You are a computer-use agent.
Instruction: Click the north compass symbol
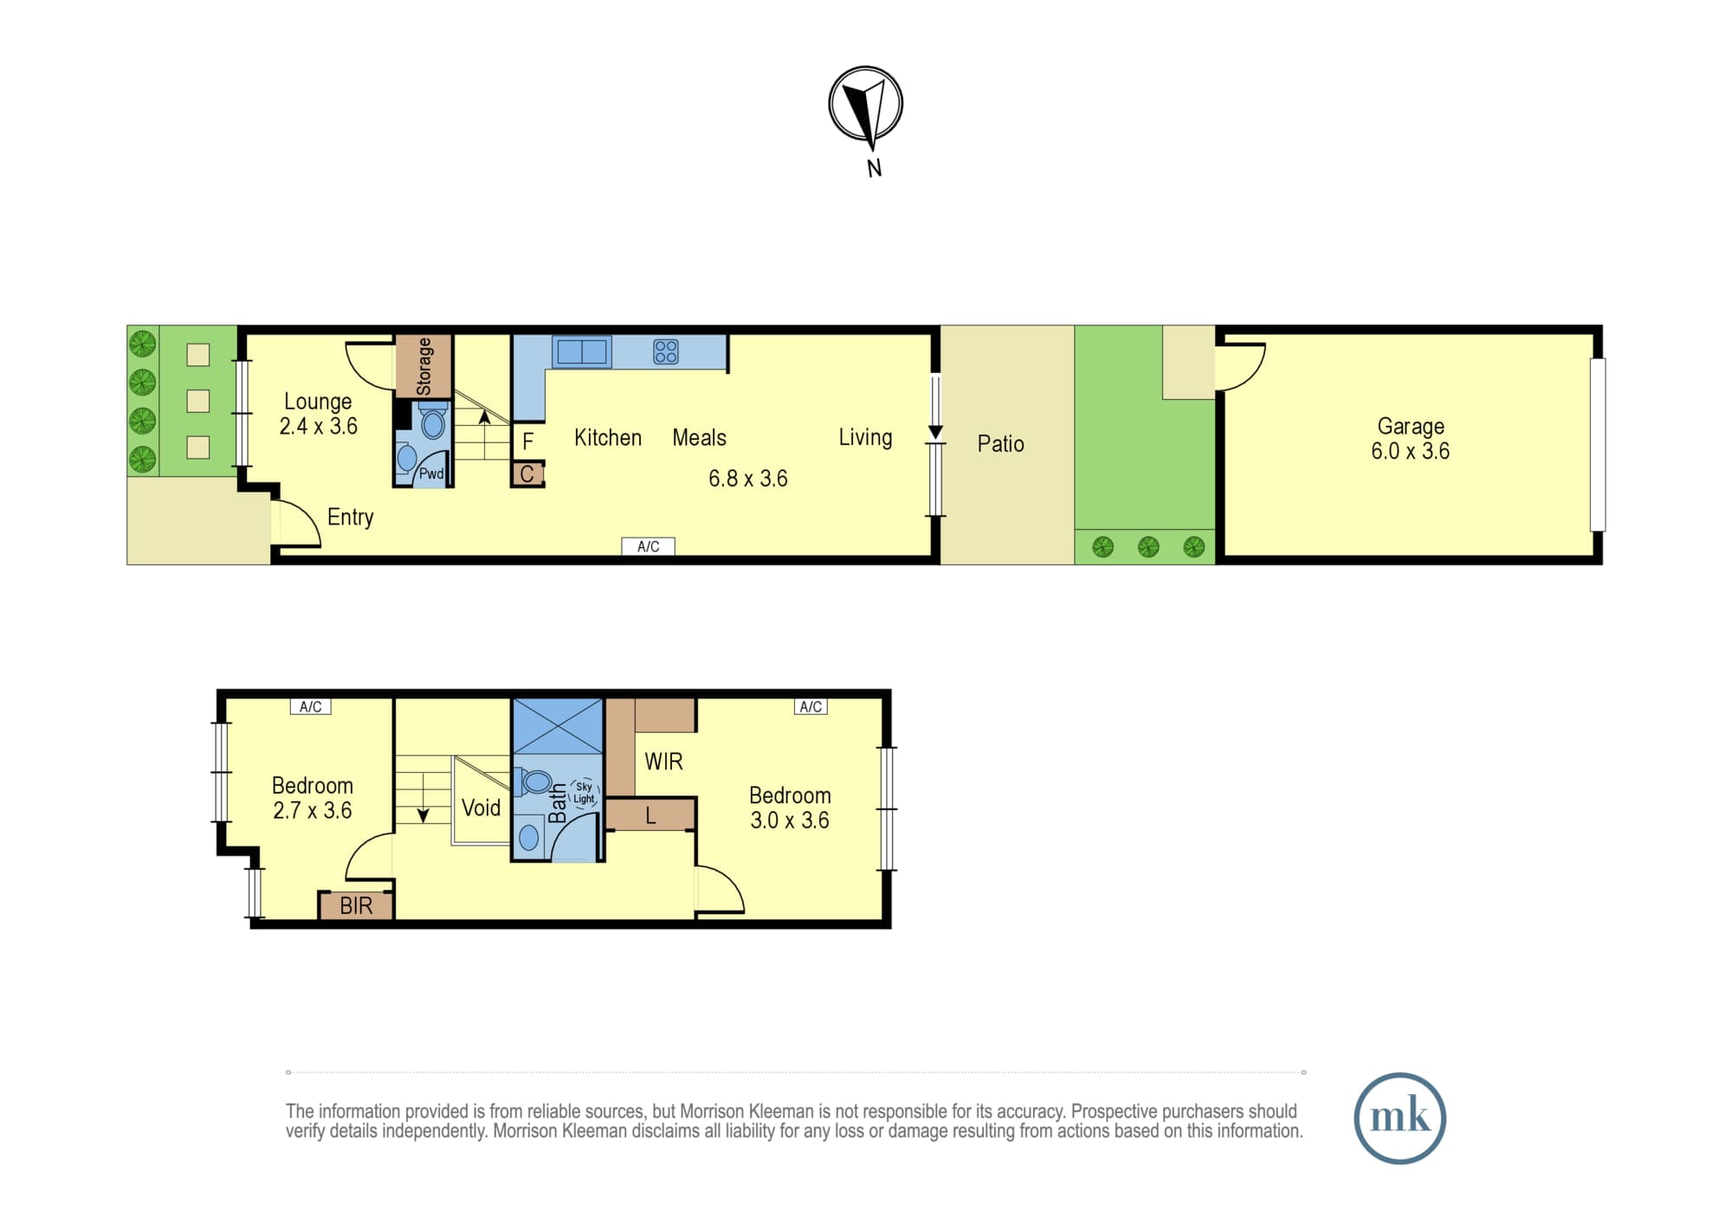[865, 104]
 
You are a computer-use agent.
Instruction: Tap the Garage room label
[1411, 427]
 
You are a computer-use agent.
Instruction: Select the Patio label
[1000, 444]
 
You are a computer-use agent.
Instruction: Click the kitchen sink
[582, 351]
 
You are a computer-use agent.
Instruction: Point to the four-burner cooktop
[666, 351]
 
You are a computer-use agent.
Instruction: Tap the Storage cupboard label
[423, 366]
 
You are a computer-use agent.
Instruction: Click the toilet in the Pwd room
[433, 422]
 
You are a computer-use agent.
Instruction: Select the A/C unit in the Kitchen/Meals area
[648, 546]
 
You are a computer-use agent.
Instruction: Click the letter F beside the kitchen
[527, 442]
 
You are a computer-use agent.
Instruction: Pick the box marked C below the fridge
[527, 474]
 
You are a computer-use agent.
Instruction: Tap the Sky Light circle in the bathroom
[585, 793]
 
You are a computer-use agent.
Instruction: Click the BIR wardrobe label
[356, 905]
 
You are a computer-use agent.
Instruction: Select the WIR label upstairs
[663, 762]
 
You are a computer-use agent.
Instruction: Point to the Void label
[481, 808]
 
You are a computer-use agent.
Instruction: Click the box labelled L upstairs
[650, 815]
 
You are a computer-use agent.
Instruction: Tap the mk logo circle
[1399, 1118]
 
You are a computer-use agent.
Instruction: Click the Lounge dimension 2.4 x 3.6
[319, 426]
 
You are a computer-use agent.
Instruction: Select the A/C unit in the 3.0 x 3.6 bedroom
[811, 706]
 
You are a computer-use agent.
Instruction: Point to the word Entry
[351, 518]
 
